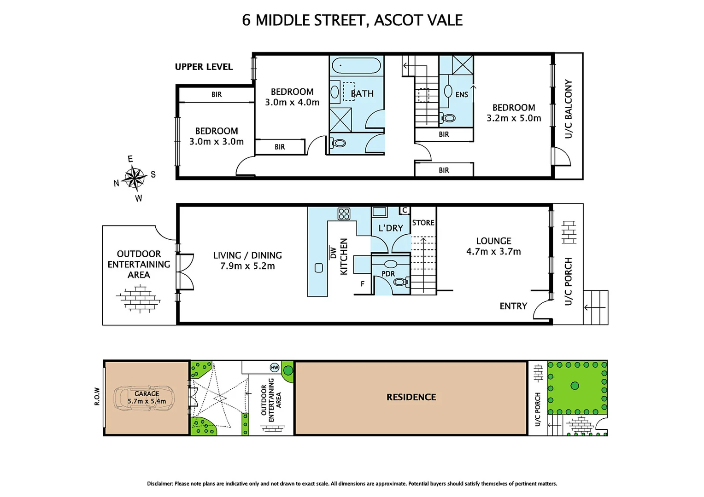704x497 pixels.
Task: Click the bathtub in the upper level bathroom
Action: [356, 65]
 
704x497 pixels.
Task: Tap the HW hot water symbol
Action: [275, 367]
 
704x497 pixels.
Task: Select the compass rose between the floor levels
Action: [134, 178]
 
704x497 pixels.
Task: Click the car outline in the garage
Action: [145, 398]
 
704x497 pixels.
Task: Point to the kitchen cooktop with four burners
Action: [344, 214]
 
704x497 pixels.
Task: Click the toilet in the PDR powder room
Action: [400, 282]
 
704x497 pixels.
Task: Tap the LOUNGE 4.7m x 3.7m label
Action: [493, 246]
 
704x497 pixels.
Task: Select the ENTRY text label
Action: [513, 306]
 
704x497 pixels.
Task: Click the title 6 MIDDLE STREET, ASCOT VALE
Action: [352, 20]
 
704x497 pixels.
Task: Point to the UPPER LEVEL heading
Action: [204, 67]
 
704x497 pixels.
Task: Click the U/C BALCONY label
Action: [569, 109]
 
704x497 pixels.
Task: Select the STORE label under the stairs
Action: [423, 223]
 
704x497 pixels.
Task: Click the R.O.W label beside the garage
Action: [97, 396]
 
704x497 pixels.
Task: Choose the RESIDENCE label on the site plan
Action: [411, 397]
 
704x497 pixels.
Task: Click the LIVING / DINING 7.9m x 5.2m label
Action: [247, 260]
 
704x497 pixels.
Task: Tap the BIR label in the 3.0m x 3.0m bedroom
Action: [217, 94]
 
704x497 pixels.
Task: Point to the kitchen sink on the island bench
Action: [319, 268]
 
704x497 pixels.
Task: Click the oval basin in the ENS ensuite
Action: [448, 91]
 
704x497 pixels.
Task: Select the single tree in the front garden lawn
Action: [575, 386]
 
